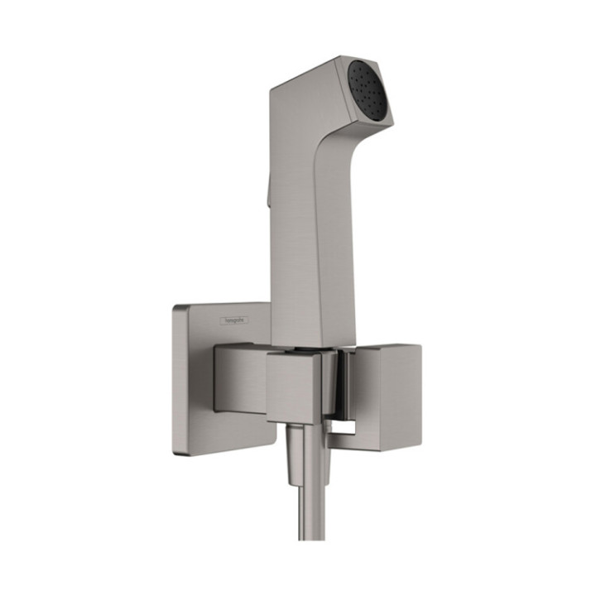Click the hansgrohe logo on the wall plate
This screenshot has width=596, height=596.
pos(233,320)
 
